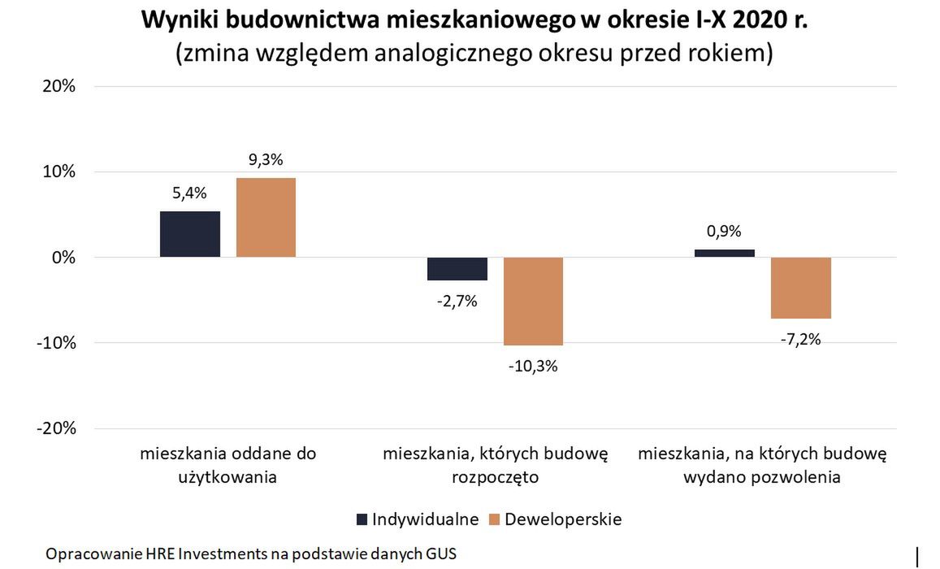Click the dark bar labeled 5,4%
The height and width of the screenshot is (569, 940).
(x=189, y=234)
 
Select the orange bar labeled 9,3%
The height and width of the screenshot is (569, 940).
(x=266, y=218)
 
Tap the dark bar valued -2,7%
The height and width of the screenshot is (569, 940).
(x=457, y=268)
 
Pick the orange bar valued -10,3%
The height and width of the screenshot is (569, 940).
(x=533, y=301)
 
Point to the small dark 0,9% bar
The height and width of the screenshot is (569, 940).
(x=724, y=253)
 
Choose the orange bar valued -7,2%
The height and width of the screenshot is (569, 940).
(x=800, y=288)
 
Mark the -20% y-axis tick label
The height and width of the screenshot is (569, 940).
(x=54, y=428)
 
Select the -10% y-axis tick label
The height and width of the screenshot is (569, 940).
(x=54, y=343)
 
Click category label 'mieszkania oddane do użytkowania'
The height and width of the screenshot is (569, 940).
(x=227, y=465)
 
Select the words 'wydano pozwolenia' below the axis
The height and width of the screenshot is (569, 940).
(x=761, y=477)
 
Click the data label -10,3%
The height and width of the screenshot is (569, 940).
(x=533, y=366)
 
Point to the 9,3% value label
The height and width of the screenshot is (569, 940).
(x=266, y=160)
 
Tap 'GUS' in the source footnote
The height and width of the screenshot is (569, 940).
(x=441, y=554)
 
